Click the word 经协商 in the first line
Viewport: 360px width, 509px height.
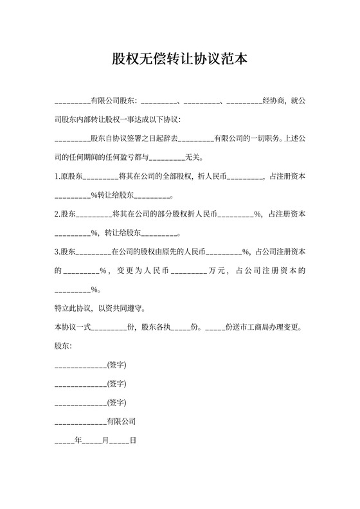pos(274,101)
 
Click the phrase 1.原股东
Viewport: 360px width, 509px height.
pos(69,176)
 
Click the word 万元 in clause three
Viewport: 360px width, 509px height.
pos(217,271)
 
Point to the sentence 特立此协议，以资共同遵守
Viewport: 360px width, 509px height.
pos(99,308)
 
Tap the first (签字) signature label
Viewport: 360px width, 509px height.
pos(116,365)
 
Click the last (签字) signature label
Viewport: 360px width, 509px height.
pos(116,403)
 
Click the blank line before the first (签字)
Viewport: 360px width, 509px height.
pos(80,366)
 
